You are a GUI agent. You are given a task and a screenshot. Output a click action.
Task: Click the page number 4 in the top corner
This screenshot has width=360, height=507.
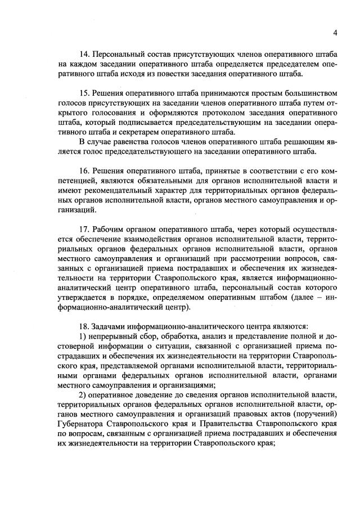click(335, 32)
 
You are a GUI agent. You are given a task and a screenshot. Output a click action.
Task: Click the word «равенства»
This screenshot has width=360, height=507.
click(125, 141)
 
